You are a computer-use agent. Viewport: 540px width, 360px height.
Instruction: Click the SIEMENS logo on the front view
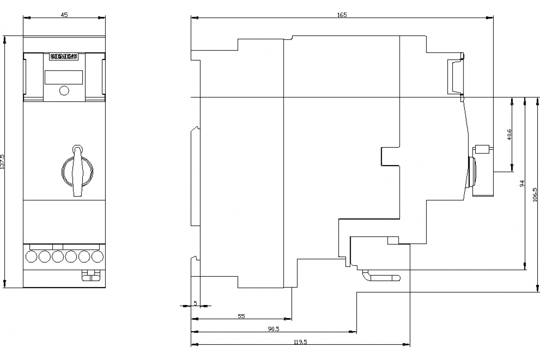[64, 56]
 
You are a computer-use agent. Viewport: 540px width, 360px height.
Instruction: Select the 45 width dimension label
[64, 15]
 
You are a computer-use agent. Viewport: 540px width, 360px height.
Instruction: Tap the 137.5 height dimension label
[2, 162]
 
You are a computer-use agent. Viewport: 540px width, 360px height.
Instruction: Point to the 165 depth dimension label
[342, 15]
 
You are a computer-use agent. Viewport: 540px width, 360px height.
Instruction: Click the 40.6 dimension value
[509, 134]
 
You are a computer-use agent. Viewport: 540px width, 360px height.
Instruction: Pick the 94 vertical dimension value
[522, 183]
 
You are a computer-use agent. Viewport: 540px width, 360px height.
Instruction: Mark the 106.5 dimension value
[535, 194]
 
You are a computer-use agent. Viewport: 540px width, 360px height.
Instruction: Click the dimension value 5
[195, 303]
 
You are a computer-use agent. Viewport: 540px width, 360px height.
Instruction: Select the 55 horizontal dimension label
[241, 316]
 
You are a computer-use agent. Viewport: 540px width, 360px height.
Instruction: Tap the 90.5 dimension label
[274, 329]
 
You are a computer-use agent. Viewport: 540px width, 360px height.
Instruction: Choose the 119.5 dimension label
[301, 342]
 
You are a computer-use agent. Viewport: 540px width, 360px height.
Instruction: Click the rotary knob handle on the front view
[77, 171]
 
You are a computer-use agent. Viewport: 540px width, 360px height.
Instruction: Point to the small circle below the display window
[64, 90]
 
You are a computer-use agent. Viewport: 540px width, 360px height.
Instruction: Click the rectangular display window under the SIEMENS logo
[63, 77]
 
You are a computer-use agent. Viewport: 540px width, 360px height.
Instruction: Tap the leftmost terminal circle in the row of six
[31, 256]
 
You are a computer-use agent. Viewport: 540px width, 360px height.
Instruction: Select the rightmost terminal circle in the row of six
[97, 256]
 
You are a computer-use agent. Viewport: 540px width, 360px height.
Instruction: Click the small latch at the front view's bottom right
[91, 275]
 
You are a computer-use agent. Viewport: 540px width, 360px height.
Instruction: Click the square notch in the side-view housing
[390, 157]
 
